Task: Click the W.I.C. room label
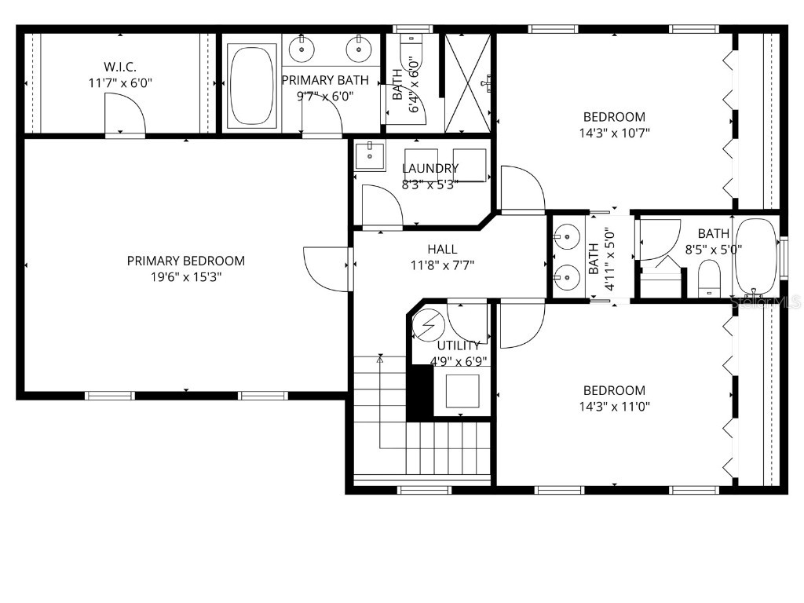tap(120, 67)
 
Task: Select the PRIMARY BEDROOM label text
tap(186, 261)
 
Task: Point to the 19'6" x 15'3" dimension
tap(186, 277)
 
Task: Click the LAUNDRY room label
tap(430, 168)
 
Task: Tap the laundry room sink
tap(368, 156)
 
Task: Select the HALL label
tap(442, 249)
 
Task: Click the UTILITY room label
tap(459, 345)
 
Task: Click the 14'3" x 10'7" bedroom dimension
tap(614, 133)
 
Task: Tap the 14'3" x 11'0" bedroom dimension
tap(614, 406)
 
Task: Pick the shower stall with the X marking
tap(470, 82)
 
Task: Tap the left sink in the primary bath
tap(301, 49)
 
